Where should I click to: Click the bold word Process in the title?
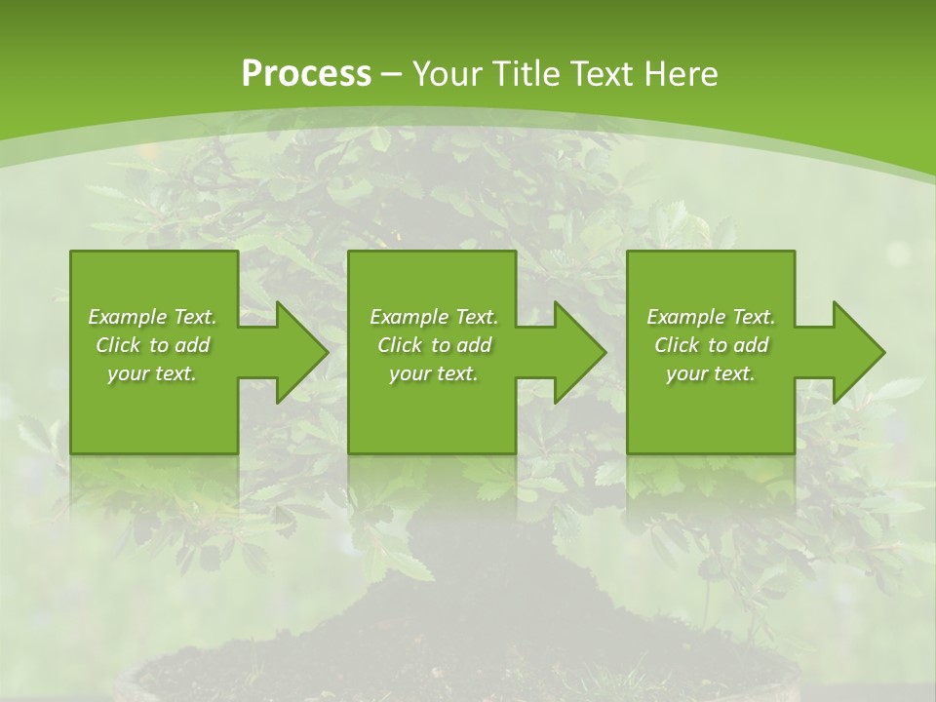pyautogui.click(x=306, y=73)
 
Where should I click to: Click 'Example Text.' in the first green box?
pyautogui.click(x=153, y=317)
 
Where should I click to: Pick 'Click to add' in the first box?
pyautogui.click(x=153, y=345)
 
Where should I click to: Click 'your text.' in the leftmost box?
pyautogui.click(x=153, y=373)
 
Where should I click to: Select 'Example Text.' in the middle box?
pyautogui.click(x=434, y=317)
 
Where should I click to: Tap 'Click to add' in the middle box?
pyautogui.click(x=434, y=345)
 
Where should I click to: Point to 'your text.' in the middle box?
pyautogui.click(x=434, y=373)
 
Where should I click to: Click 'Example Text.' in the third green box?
pyautogui.click(x=711, y=317)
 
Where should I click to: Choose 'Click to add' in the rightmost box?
pyautogui.click(x=711, y=345)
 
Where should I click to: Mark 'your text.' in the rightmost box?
pyautogui.click(x=711, y=373)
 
